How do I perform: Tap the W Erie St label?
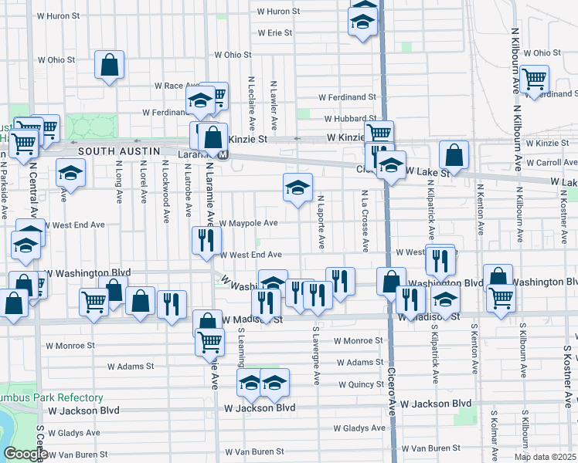[x=275, y=33]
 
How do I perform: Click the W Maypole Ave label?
[x=248, y=224]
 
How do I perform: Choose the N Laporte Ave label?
[x=319, y=222]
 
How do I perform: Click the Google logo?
[x=25, y=454]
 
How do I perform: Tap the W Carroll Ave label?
[x=552, y=163]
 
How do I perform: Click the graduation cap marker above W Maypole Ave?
[x=297, y=188]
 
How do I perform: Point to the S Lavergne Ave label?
[x=316, y=356]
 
